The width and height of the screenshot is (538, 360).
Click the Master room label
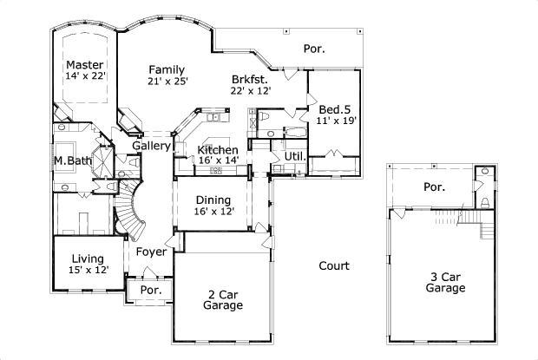(x=85, y=65)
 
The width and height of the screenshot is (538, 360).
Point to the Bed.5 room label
(x=334, y=109)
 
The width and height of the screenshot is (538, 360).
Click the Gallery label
(x=151, y=147)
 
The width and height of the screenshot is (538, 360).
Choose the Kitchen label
(x=217, y=150)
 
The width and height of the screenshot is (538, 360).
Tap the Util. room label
(x=293, y=157)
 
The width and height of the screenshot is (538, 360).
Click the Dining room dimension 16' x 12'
(x=213, y=211)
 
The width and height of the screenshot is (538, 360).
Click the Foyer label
(x=151, y=253)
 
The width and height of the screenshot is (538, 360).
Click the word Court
(x=333, y=266)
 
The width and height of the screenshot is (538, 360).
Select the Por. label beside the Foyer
(x=151, y=291)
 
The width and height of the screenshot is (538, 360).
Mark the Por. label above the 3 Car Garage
(x=434, y=187)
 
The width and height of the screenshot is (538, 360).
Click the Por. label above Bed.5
(x=314, y=49)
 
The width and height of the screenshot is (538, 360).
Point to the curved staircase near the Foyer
(x=130, y=208)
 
